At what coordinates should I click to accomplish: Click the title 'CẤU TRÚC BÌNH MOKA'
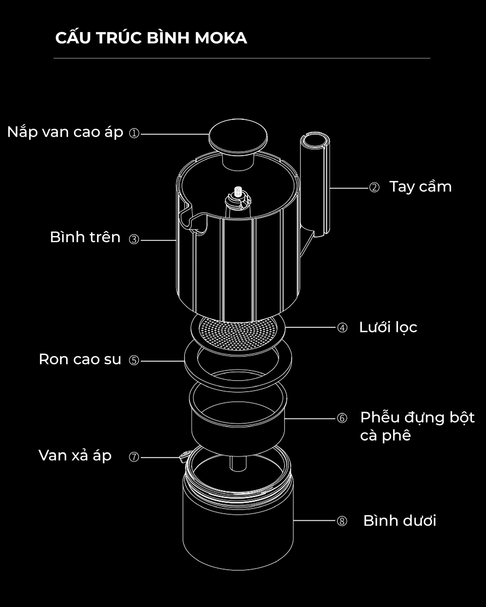tap(151, 38)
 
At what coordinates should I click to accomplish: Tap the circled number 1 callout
tap(134, 133)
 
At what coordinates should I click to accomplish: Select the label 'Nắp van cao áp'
tap(65, 132)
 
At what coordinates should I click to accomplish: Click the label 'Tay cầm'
tap(420, 187)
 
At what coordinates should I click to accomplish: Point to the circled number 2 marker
tap(374, 187)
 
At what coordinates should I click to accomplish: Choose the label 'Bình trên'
tap(85, 237)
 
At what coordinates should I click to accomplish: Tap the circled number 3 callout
tap(134, 239)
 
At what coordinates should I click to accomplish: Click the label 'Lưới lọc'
tap(388, 327)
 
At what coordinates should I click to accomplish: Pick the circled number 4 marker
tap(342, 328)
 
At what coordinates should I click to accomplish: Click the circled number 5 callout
tap(134, 360)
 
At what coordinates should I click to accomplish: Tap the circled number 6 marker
tap(342, 418)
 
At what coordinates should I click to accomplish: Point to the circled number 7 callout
tap(134, 457)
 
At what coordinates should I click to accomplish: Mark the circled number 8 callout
tap(342, 521)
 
